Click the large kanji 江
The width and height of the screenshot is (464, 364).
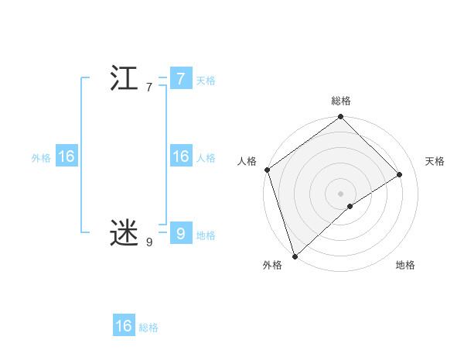coord(125,79)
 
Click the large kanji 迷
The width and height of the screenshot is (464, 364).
coord(125,232)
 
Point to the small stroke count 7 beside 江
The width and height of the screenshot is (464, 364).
coord(149,88)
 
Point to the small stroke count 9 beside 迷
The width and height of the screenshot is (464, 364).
coord(149,242)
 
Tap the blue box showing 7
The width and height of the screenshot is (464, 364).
coord(180,79)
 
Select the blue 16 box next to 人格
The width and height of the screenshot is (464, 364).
coord(180,156)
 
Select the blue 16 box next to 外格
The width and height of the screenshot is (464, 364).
coord(66,156)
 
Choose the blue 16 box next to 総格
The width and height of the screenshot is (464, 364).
coord(124,326)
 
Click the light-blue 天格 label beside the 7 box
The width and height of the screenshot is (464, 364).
coord(206,81)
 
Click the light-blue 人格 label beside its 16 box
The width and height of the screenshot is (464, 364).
coord(206,158)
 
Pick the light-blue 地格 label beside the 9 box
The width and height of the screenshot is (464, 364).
coord(206,235)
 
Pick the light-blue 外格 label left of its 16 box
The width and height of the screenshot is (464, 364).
coord(41,158)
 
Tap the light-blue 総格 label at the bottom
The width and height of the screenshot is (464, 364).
coord(148,328)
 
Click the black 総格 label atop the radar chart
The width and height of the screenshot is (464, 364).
coord(341,101)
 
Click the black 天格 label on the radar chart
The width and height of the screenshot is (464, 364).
coord(435,161)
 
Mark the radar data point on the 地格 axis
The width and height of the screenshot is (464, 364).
coord(350,206)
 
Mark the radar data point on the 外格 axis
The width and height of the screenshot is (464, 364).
coord(295,256)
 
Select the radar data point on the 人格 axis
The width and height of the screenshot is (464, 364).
coord(267,170)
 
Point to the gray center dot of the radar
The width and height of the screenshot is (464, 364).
coord(341,193)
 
